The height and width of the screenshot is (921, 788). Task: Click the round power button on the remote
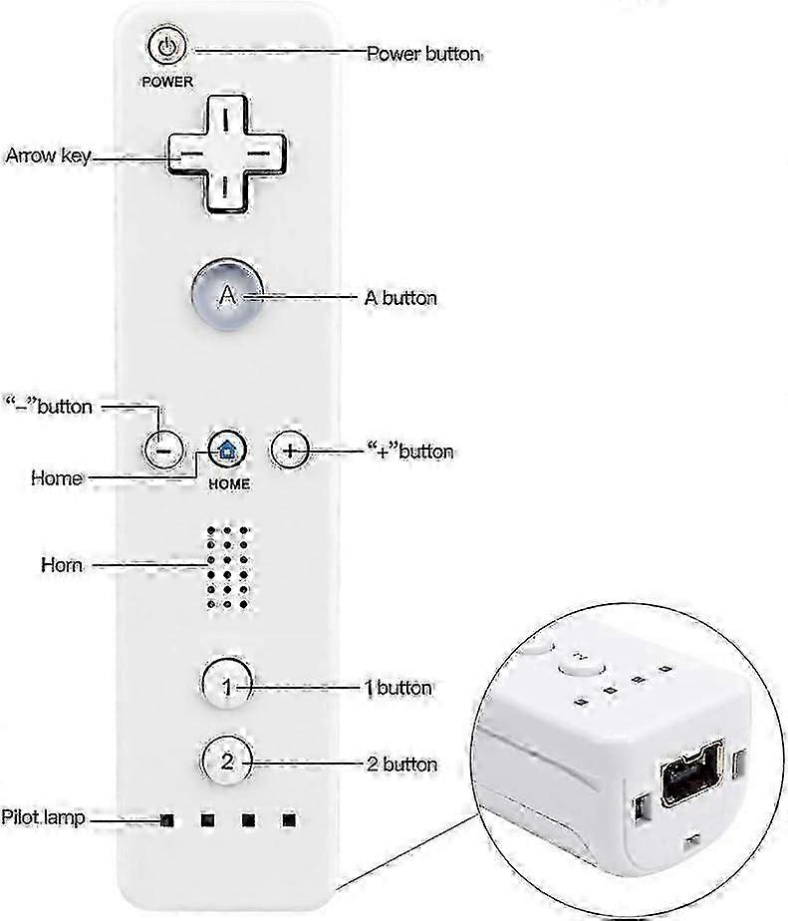pos(167,47)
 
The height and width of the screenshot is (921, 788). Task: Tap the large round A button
pos(227,294)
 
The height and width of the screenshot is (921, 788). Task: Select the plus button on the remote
pos(290,451)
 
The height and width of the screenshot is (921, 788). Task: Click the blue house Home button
pos(227,451)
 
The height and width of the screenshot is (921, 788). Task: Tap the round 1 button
pos(227,685)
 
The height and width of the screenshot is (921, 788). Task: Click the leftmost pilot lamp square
pos(167,820)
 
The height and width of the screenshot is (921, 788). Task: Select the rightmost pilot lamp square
pos(288,819)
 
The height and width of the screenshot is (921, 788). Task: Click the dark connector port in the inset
pos(691,775)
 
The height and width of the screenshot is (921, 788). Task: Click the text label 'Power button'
pos(424,54)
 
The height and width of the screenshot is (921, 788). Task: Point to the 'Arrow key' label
pos(48,155)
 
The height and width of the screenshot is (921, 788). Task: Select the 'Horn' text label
pos(62,565)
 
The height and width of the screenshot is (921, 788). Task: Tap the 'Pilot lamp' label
pos(43,817)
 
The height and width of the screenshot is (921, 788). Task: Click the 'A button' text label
pos(400,298)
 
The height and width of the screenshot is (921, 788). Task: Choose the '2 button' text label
pos(402,765)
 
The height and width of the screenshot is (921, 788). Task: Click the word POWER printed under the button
pos(167,82)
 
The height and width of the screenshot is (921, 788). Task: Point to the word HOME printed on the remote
pos(229,484)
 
